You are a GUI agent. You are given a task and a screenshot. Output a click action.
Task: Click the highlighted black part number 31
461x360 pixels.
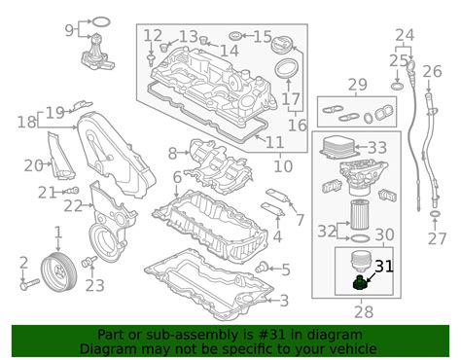[384, 267]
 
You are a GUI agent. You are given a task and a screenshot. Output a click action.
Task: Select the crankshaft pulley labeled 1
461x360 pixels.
[58, 270]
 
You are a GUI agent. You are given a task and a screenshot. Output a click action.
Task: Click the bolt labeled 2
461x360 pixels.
[29, 284]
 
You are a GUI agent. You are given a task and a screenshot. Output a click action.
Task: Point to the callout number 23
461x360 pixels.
[94, 285]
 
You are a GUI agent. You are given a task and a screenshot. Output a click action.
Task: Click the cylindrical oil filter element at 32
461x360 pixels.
[359, 215]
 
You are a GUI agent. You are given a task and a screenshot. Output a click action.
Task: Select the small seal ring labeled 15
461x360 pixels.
[235, 36]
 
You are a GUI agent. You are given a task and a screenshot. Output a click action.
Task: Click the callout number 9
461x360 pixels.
[69, 30]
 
